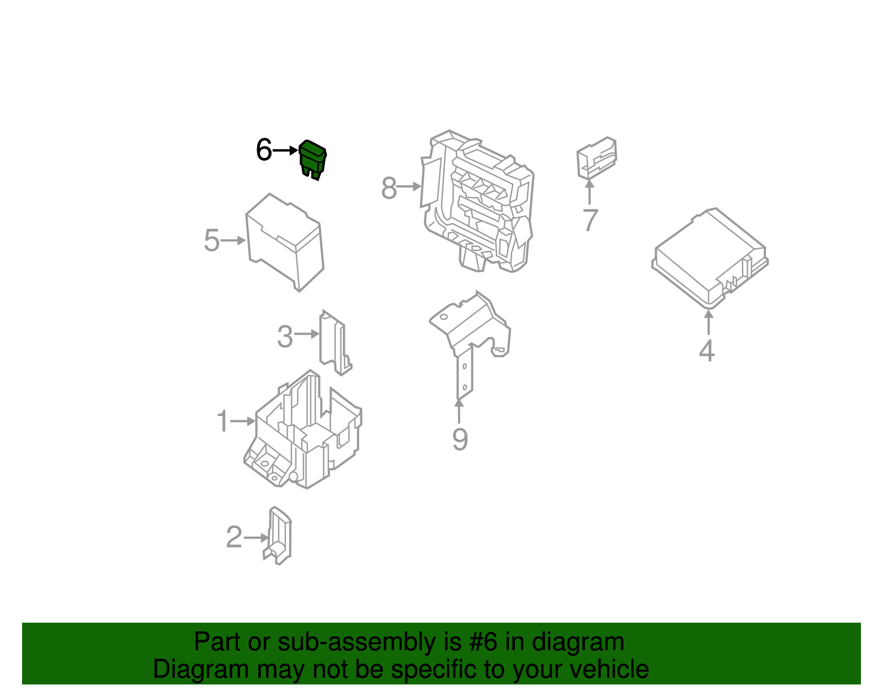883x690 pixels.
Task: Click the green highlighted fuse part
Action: point(312,160)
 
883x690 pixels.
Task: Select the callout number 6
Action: point(264,150)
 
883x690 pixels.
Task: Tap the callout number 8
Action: point(389,188)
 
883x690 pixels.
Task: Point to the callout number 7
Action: point(590,219)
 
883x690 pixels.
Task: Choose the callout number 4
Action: point(706,350)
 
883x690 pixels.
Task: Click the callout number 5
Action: point(212,240)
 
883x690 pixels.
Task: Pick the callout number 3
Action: point(285,336)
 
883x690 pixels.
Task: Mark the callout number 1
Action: point(222,420)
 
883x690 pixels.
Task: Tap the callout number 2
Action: point(234,537)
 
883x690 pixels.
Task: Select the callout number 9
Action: point(460,440)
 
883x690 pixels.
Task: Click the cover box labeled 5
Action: point(285,243)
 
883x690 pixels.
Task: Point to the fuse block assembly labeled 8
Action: point(477,201)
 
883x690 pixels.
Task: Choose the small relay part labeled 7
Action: point(597,158)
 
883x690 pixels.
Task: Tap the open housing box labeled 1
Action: point(303,429)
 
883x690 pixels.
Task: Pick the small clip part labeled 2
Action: point(277,535)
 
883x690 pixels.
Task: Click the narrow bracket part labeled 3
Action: point(335,343)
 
